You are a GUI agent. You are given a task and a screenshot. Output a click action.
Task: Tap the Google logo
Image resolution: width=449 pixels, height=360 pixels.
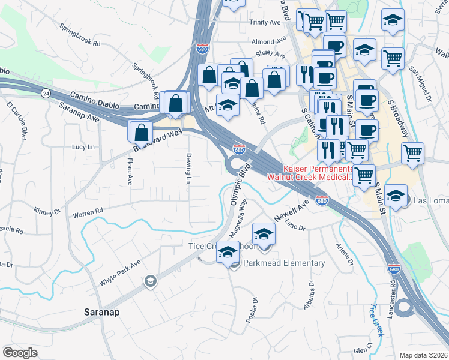pos(20,353)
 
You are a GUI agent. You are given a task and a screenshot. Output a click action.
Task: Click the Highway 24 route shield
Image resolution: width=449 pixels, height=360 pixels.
pos(47,94)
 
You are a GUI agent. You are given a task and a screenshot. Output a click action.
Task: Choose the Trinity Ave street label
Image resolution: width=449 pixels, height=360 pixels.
pos(265,22)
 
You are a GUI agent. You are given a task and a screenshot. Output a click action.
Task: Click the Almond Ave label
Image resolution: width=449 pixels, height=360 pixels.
pos(269,41)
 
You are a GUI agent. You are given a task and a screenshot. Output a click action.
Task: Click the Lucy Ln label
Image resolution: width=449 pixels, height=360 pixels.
pos(83,147)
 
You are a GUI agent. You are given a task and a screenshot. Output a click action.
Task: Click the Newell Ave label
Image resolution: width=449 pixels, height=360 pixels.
pos(291,211)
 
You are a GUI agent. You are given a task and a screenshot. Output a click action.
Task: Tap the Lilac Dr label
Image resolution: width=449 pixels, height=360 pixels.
pos(295,227)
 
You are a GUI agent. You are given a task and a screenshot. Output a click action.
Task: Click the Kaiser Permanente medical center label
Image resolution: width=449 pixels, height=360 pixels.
pos(310,173)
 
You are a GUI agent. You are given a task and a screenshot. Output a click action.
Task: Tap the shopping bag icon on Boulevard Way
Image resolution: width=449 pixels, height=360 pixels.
pos(140,132)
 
